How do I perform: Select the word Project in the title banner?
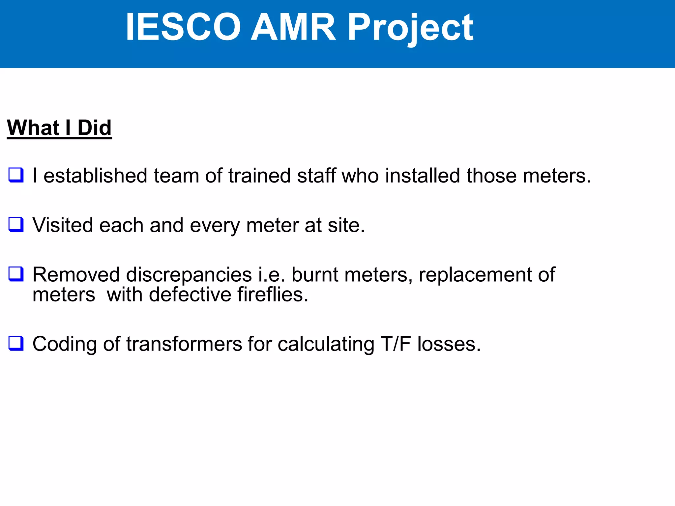410,28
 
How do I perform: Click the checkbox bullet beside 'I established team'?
16,175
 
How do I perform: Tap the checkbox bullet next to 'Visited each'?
16,225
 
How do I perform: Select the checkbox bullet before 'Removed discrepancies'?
16,274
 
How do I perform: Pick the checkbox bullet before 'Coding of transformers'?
16,343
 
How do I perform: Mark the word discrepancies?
189,275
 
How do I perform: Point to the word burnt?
315,275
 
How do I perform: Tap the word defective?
190,295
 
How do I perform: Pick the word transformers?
184,344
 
